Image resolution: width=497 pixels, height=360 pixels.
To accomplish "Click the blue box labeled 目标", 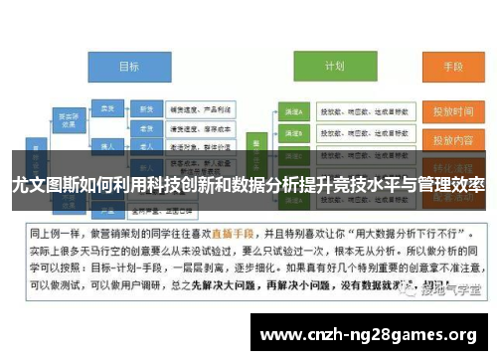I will (128, 67).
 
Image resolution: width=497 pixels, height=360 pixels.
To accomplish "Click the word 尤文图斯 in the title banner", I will (40, 185).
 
